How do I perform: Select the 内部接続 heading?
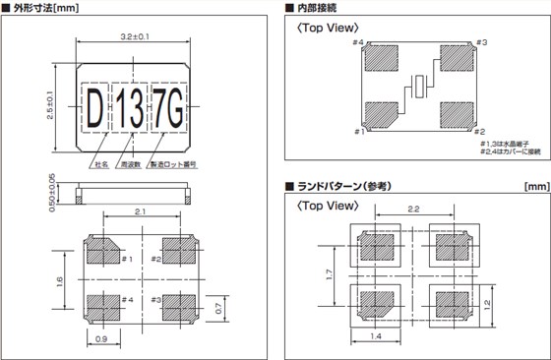319,8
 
